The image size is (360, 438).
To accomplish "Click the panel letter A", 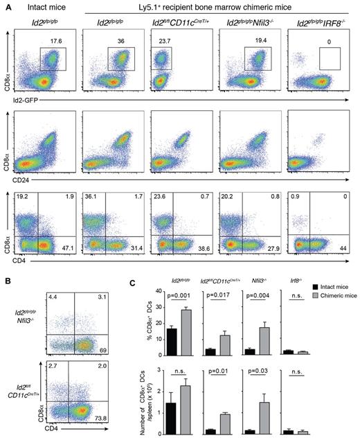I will [6, 7].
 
